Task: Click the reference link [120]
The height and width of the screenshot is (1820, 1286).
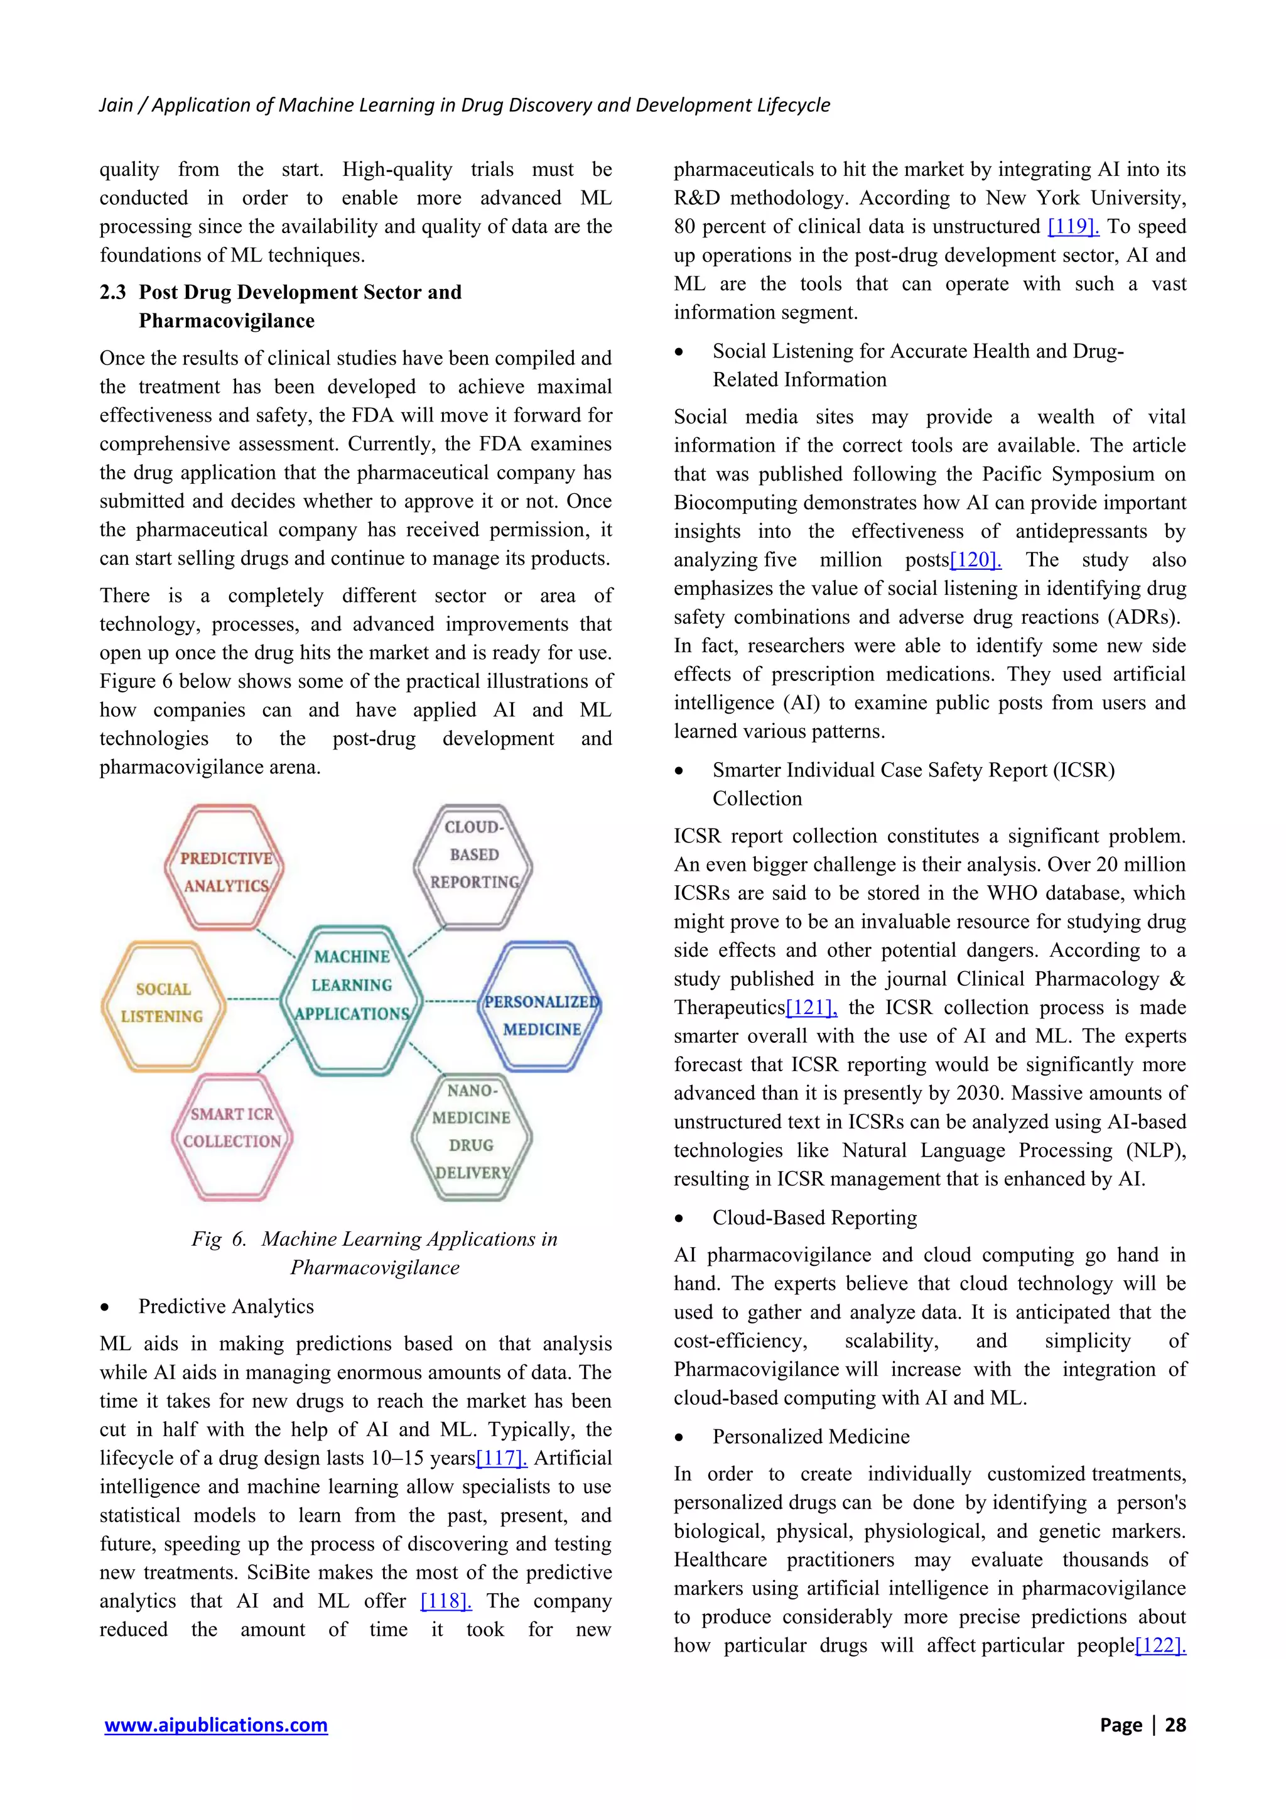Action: tap(975, 560)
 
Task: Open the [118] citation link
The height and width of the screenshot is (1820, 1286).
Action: tap(445, 1601)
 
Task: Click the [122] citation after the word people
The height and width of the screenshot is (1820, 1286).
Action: tap(1160, 1645)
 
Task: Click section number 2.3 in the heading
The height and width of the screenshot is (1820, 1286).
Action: tap(112, 293)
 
